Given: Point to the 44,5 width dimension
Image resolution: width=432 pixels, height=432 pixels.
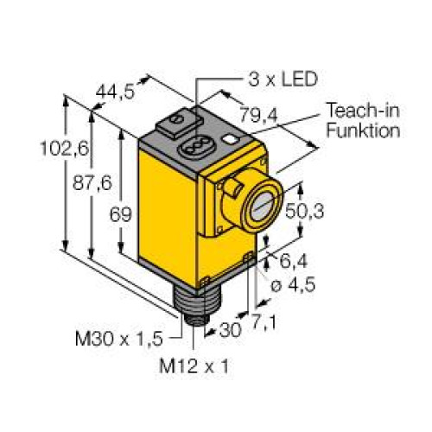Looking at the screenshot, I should [x=117, y=92].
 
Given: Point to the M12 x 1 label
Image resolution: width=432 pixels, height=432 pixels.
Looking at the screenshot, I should [x=194, y=365].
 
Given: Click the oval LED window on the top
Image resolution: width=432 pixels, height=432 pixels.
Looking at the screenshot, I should [x=189, y=137].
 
